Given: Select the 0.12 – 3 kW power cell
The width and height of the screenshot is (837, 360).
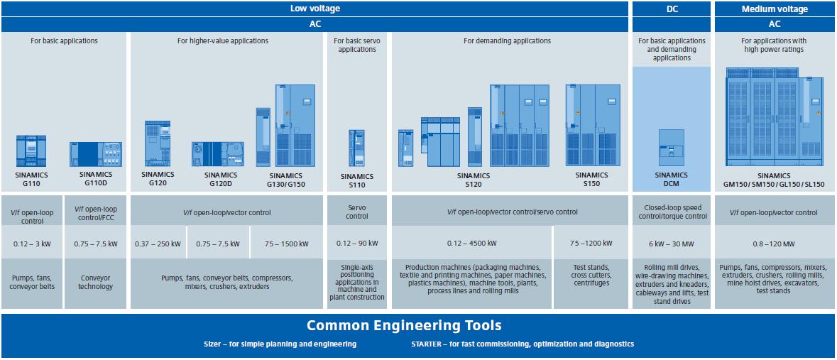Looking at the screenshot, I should tap(32, 244).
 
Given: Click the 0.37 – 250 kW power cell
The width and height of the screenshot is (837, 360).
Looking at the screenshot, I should tap(158, 244).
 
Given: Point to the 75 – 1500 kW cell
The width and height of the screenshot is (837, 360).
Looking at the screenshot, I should tap(287, 244).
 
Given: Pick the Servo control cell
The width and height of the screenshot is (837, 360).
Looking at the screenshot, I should tap(356, 212).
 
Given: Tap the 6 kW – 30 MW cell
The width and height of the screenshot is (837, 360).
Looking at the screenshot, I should tap(671, 244).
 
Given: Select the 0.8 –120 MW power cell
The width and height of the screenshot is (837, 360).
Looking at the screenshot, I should tap(775, 244).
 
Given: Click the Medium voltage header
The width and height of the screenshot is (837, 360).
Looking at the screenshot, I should tap(775, 9).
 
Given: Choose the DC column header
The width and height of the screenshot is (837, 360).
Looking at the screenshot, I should tap(671, 9).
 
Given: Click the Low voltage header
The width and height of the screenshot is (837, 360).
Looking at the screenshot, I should tap(315, 9).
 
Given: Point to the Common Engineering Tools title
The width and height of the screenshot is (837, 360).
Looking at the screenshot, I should tap(404, 326).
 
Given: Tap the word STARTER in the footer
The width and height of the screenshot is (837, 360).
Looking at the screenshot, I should tap(426, 344).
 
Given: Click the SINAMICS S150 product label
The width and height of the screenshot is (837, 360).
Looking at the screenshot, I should tap(591, 178).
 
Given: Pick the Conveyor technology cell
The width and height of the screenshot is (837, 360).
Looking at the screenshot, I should tap(95, 283).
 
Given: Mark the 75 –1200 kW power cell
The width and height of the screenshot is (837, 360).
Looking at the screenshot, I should tap(591, 244).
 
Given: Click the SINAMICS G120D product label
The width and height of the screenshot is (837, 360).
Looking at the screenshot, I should tap(221, 179).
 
